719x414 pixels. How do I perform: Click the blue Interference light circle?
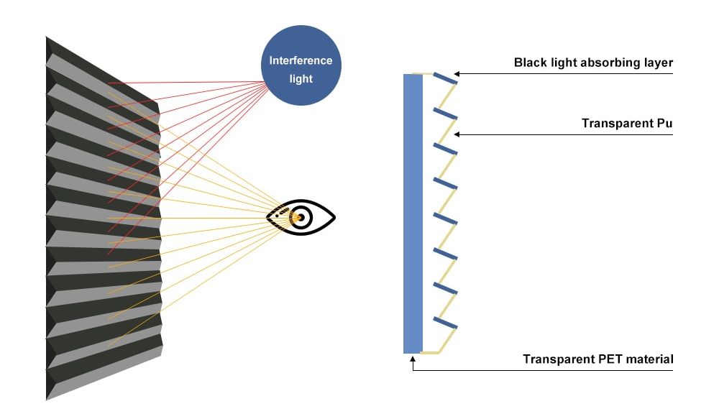coord(301,65)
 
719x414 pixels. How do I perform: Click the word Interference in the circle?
coord(301,60)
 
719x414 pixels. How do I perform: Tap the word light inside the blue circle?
coord(301,79)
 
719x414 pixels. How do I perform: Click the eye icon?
coord(301,217)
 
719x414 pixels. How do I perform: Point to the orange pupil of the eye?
coord(298,218)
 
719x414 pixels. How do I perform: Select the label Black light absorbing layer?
coord(593,63)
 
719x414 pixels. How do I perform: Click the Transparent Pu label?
coord(627,124)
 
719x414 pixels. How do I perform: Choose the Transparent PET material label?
coord(598,359)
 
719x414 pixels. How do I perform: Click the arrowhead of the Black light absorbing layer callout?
coord(457,73)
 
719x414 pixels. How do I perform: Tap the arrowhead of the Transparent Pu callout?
coord(457,134)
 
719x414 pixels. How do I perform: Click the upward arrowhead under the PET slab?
coord(413,360)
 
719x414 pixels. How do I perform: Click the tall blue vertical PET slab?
coord(413,213)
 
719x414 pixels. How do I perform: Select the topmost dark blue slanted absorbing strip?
coord(445,78)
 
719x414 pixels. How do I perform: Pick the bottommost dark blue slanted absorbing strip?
coord(445,323)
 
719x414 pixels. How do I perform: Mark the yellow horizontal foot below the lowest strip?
coord(430,353)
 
